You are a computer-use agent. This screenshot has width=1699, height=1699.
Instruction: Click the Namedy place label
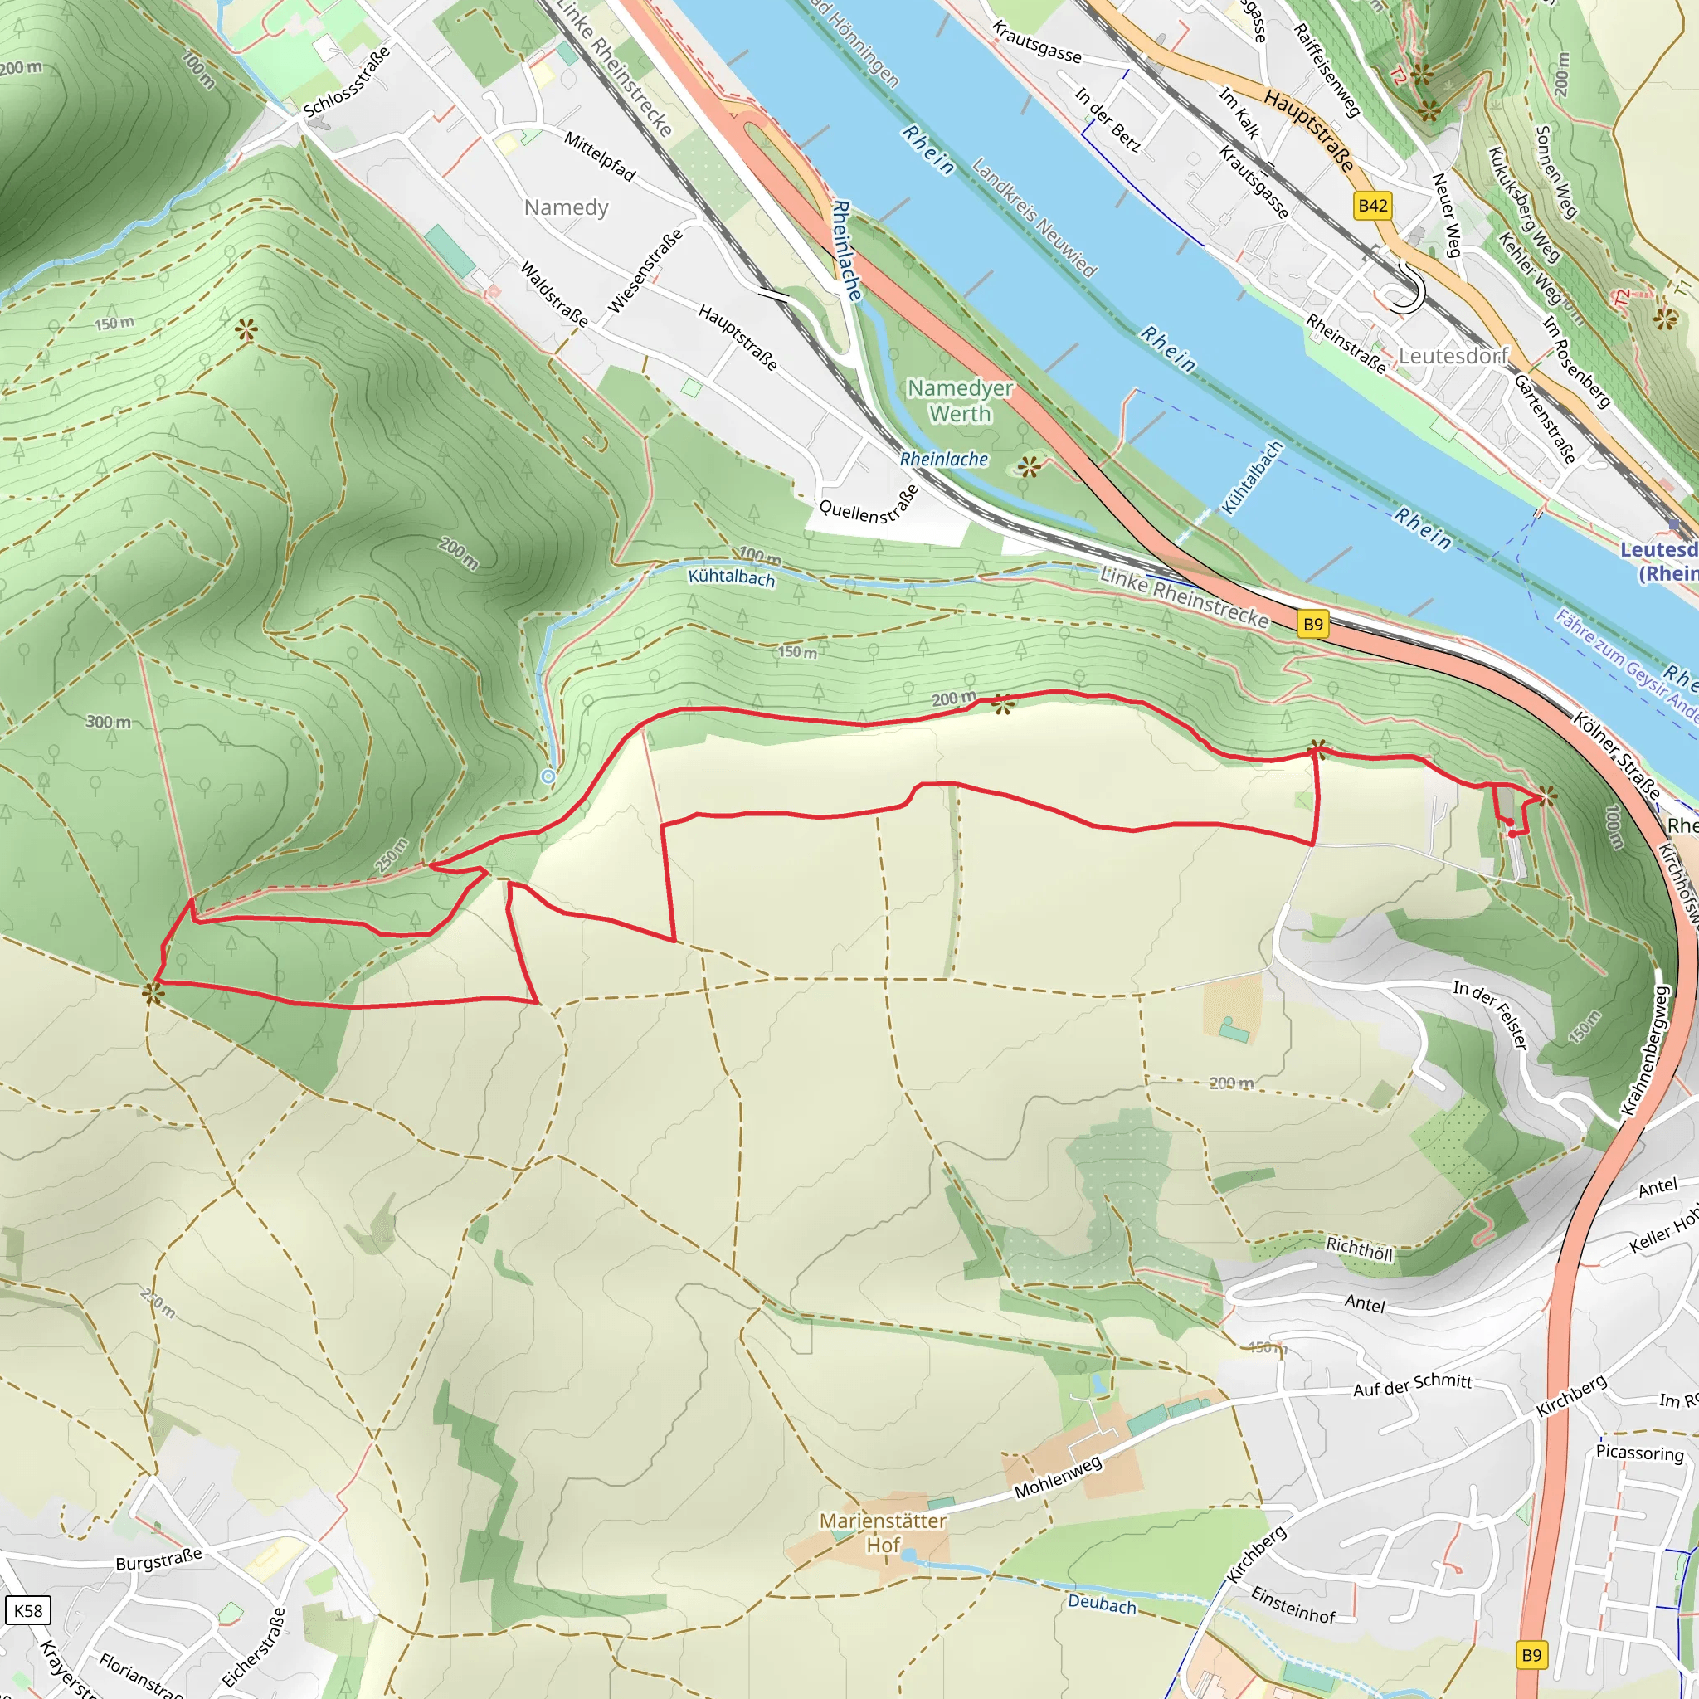coord(566,207)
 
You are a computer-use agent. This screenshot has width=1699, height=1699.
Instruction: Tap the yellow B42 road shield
coord(1372,206)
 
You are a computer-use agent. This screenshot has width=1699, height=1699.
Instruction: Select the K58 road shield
coord(27,1610)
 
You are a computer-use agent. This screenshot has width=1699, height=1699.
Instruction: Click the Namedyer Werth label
coord(960,401)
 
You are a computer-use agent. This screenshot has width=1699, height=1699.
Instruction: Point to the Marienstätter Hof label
coord(882,1533)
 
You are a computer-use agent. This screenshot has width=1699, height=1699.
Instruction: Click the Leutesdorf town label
coord(1453,355)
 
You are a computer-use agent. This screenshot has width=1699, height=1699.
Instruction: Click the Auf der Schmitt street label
coord(1411,1385)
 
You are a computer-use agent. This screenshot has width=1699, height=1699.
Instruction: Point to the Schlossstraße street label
coord(347,84)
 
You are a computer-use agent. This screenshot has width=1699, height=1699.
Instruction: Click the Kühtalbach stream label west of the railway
coord(731,577)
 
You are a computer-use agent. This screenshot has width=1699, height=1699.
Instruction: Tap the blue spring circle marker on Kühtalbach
coord(548,776)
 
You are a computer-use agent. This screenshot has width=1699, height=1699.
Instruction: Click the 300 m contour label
coord(108,722)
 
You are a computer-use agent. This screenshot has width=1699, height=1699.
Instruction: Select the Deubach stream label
coord(1102,1604)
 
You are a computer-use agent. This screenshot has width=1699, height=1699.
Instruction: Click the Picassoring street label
coord(1639,1453)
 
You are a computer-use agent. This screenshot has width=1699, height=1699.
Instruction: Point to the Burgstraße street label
coord(159,1559)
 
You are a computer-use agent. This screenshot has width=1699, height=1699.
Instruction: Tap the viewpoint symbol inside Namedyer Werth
coord(1028,466)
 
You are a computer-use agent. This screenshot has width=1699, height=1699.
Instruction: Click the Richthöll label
coord(1359,1248)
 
